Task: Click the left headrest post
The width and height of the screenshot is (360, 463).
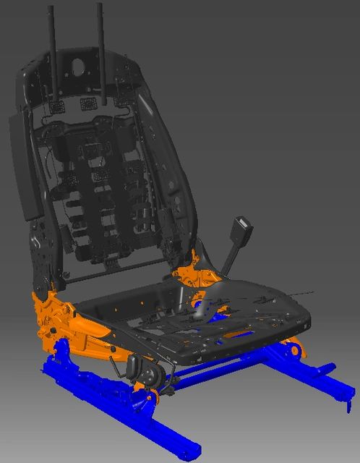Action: [x=53, y=43]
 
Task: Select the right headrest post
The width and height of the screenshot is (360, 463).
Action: [x=99, y=43]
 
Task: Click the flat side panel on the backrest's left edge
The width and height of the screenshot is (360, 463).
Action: [x=22, y=166]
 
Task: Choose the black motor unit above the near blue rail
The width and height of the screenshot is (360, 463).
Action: [x=150, y=374]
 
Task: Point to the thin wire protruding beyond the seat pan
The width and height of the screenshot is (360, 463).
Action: [x=304, y=293]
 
